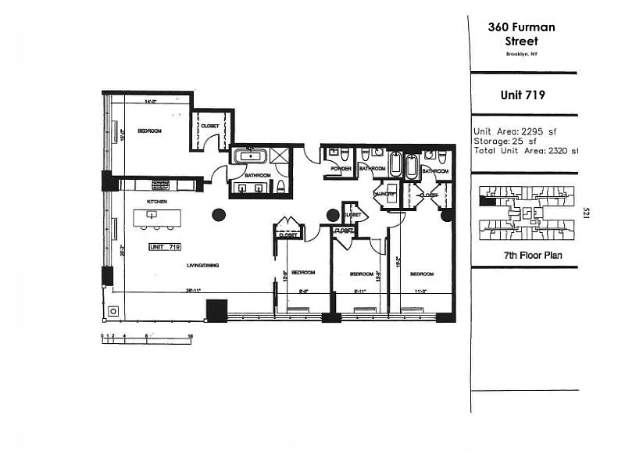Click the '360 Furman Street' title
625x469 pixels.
pos(521,34)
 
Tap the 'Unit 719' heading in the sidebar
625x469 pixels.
pos(523,95)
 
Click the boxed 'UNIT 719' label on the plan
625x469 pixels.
pos(165,247)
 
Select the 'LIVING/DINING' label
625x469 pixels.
pos(202,266)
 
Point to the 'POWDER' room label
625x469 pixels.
pos(341,168)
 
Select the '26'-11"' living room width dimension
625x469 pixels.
pos(194,290)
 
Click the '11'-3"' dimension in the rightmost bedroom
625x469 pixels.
pos(420,291)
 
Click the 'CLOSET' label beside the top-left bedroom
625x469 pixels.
pos(209,126)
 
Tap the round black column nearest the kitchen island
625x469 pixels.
pos(219,214)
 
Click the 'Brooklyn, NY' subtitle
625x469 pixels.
pos(522,54)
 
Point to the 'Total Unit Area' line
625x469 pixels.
pos(526,150)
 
